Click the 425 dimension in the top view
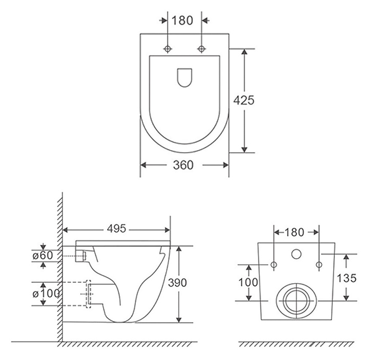click(x=244, y=100)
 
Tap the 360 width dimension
click(x=183, y=165)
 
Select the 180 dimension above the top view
click(x=182, y=20)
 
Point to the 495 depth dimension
click(x=116, y=228)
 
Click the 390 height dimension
click(x=177, y=283)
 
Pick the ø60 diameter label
click(x=43, y=256)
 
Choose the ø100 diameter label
click(x=46, y=293)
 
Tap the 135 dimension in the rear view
click(x=346, y=278)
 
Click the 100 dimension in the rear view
click(x=248, y=282)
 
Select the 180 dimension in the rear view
click(x=294, y=232)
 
